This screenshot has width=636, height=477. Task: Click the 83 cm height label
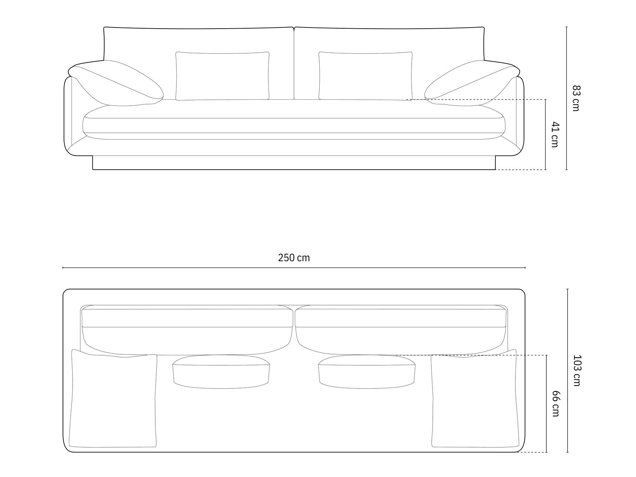point(576,98)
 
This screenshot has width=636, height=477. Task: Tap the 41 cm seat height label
point(555,134)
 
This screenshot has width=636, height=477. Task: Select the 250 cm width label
point(294,258)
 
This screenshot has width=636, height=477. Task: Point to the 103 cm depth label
point(576,370)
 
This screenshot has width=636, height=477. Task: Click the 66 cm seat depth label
point(555,403)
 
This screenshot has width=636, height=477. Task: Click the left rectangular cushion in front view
point(222,76)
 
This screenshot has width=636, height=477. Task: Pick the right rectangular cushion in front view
point(365,76)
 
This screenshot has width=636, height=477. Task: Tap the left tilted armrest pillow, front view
point(115,84)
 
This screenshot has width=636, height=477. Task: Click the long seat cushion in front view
point(294,125)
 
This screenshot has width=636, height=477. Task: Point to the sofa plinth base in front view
point(294,163)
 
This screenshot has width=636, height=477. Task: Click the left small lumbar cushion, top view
point(221,372)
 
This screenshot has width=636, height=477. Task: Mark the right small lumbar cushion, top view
point(367,372)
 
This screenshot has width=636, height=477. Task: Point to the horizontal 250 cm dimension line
point(186,268)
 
